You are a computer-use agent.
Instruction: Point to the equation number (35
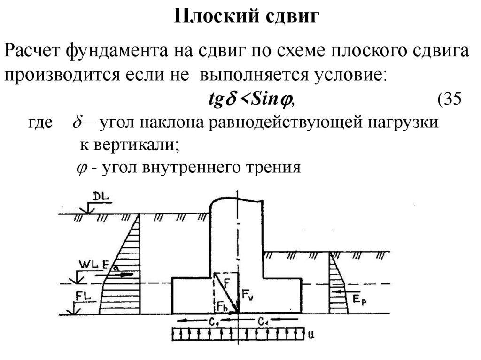click(x=450, y=99)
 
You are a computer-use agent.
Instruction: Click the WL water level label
click(x=88, y=266)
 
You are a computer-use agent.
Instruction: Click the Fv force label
click(x=248, y=295)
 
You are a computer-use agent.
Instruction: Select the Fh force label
click(x=222, y=306)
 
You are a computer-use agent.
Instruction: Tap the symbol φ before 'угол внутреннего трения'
click(x=80, y=168)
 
